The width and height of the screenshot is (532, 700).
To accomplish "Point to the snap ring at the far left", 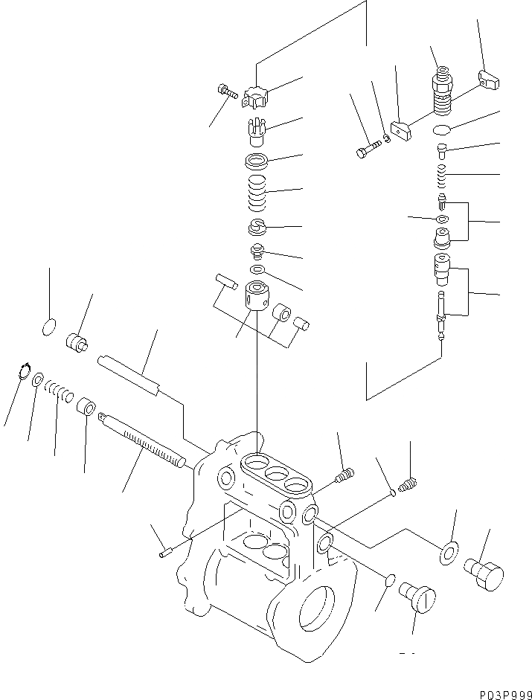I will [23, 370].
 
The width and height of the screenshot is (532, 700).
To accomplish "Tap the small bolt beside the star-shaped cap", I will [225, 93].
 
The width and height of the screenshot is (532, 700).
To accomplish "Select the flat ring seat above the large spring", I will [256, 160].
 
